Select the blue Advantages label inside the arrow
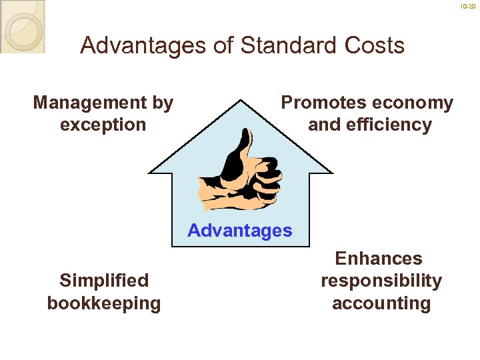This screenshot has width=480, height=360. click(240, 231)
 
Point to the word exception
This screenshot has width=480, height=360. click(103, 125)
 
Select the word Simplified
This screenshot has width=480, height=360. click(103, 281)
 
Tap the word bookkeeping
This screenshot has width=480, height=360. click(103, 303)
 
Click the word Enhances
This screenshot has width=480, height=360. click(379, 259)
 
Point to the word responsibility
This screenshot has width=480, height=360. click(381, 281)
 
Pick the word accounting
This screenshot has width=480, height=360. click(381, 303)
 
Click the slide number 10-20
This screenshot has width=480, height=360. click(469, 6)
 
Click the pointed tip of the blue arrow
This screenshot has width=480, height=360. click(240, 100)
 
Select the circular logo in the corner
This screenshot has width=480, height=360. click(21, 27)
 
